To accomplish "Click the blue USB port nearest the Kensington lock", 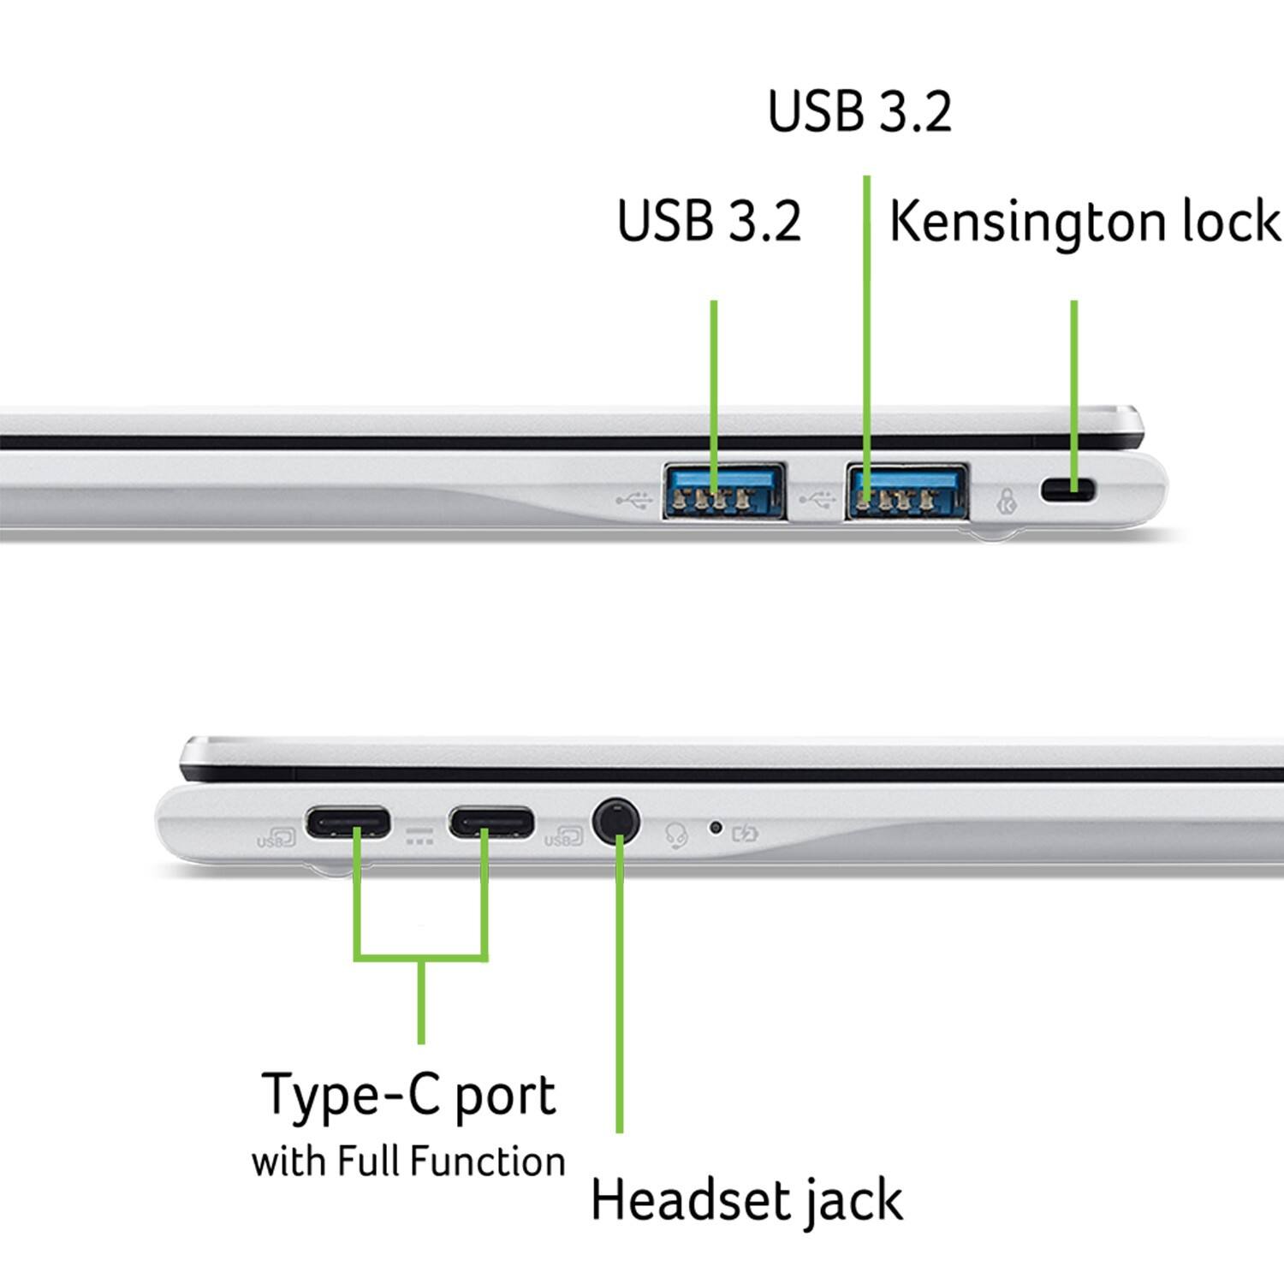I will click(x=907, y=491).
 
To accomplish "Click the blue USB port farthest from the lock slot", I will click(x=724, y=491).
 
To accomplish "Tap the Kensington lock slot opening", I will click(x=1067, y=490).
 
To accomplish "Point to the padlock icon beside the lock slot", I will click(x=1008, y=501).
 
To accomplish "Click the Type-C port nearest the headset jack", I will click(x=491, y=823).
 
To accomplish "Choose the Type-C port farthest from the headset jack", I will click(x=349, y=823).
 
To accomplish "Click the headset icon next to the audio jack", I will click(x=677, y=835).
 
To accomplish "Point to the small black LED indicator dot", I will click(x=716, y=827).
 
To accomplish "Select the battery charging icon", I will click(x=745, y=831).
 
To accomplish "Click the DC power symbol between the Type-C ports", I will click(x=419, y=836).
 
